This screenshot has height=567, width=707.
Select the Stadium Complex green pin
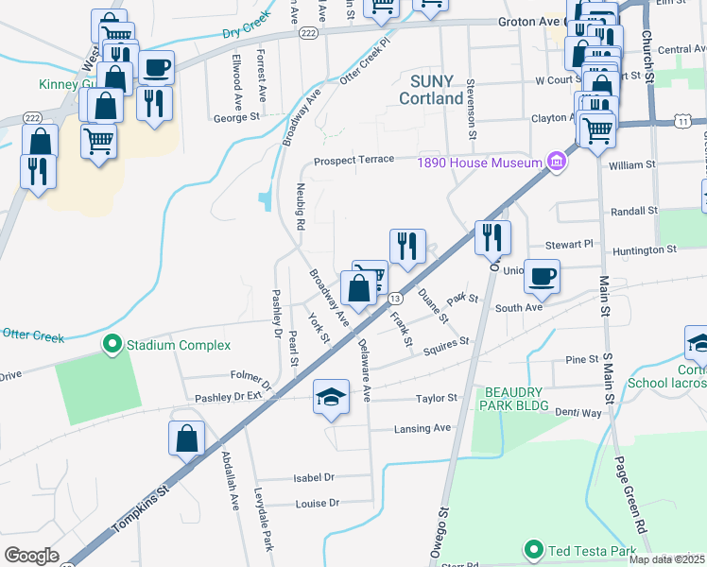112,345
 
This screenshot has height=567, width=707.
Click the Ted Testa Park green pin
533,549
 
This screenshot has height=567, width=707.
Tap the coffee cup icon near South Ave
543,276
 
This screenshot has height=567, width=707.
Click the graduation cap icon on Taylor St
332,396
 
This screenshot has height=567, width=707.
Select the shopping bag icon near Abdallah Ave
187,438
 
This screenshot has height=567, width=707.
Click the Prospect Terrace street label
353,160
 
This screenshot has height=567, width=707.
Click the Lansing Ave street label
422,428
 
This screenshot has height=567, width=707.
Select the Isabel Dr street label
316,477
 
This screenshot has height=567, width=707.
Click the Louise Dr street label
318,504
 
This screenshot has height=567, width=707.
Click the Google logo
32,555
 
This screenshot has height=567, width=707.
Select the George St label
236,118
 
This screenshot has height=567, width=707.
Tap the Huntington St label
646,250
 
